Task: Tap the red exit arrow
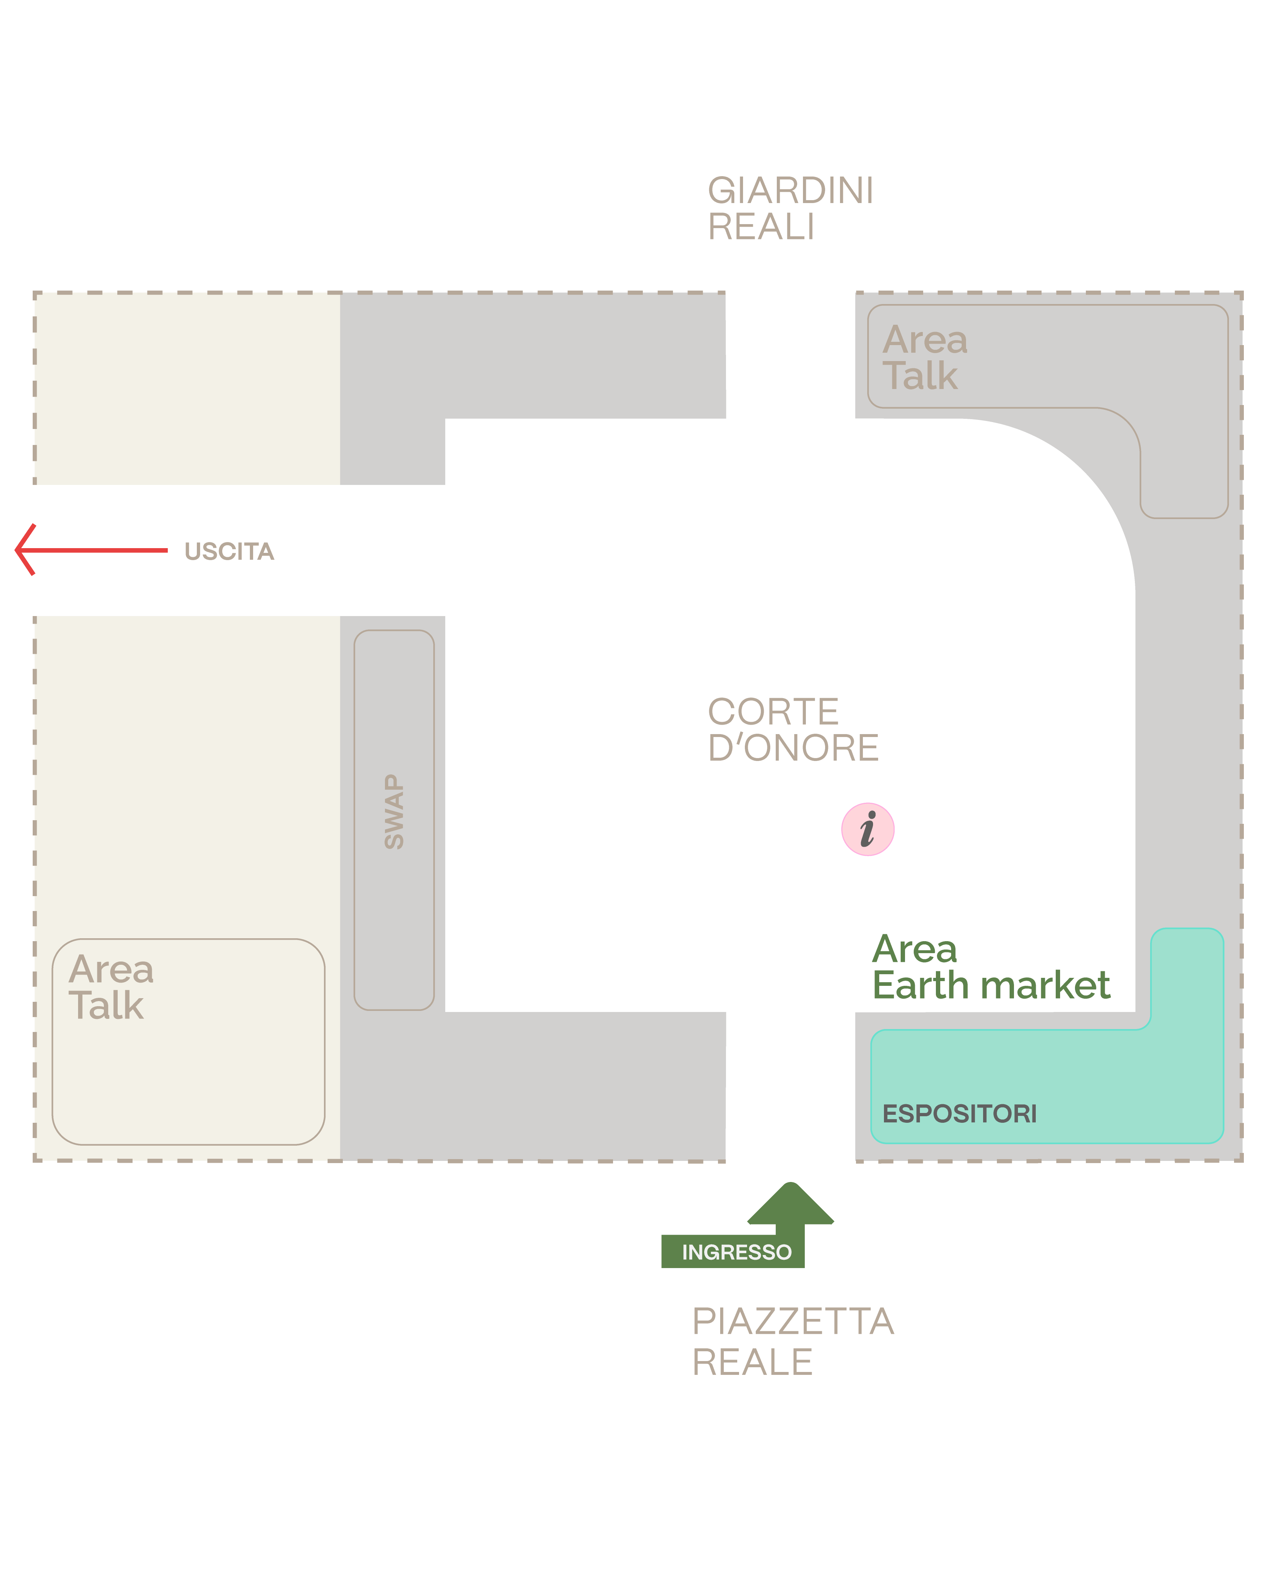coord(91,550)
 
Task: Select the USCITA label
coord(229,551)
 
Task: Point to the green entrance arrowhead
coord(790,1204)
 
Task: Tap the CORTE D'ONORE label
coord(793,730)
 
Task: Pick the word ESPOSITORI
coord(959,1114)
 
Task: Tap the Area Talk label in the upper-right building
coord(925,357)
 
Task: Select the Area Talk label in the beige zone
coord(111,987)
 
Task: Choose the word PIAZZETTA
coord(793,1321)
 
